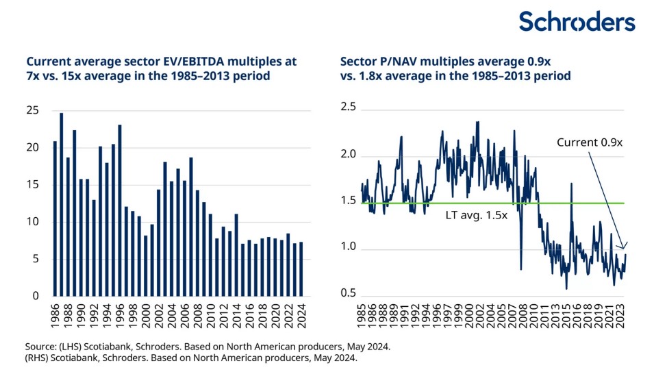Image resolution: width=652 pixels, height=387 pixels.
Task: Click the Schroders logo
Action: click(577, 21)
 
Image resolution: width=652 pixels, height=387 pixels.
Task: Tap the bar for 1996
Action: click(119, 210)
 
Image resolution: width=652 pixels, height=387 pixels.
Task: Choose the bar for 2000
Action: click(145, 266)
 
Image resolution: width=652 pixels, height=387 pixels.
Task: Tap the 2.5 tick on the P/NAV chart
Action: click(349, 107)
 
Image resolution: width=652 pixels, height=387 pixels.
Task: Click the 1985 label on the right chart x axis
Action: click(362, 319)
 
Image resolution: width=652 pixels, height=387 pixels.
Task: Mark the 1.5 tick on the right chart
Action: click(349, 201)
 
